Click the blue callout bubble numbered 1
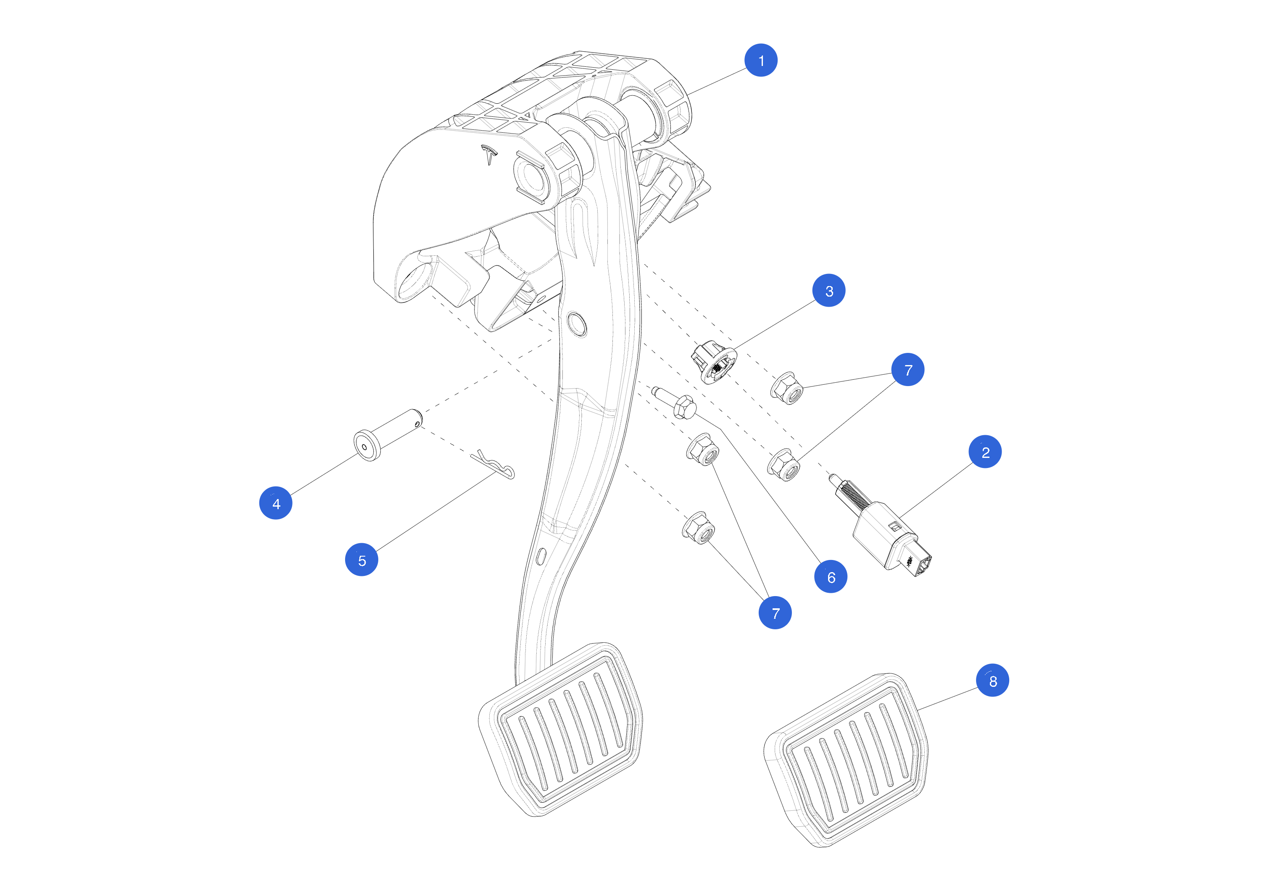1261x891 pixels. point(761,60)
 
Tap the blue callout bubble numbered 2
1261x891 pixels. point(985,452)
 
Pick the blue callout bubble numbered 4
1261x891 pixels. point(276,503)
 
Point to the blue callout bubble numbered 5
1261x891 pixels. point(361,560)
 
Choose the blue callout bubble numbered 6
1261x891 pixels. point(831,577)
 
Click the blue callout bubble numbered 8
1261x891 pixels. point(992,681)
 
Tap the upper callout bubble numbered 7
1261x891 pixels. point(908,370)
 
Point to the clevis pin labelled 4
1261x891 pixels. point(387,435)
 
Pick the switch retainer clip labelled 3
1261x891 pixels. point(713,363)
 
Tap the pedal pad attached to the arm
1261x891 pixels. point(561,730)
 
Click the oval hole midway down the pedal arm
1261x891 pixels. point(576,324)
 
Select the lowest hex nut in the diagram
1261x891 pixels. point(699,528)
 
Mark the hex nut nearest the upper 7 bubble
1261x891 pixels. point(787,388)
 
